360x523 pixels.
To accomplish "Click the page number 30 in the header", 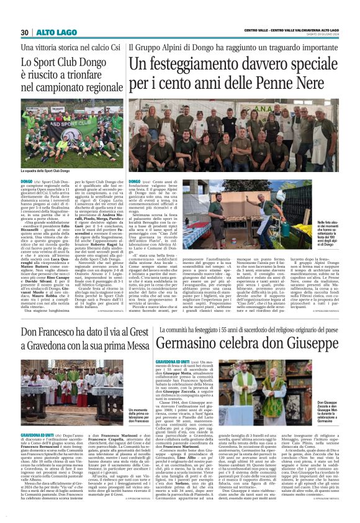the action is click(25, 32).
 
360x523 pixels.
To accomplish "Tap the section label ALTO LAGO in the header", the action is click(51, 32).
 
